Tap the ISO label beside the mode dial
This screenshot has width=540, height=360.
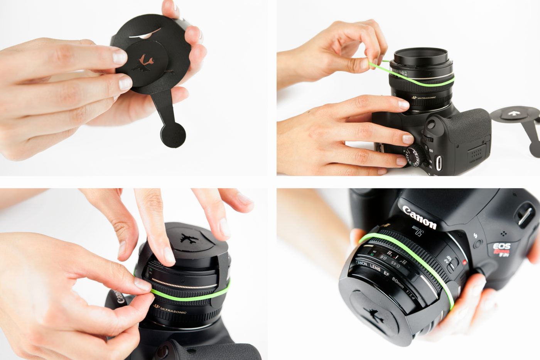coord(431,150)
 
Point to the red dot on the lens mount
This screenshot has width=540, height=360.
coord(465,263)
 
